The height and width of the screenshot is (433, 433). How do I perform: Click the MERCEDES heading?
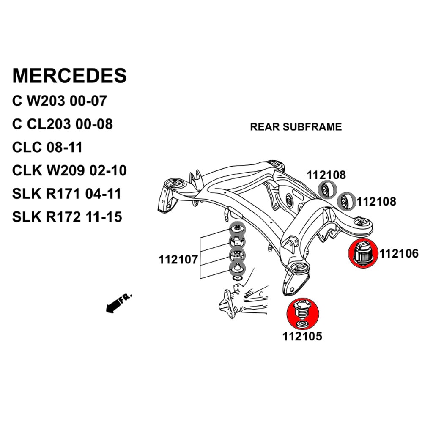click(x=69, y=75)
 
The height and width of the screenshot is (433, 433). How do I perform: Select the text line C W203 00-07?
click(x=60, y=101)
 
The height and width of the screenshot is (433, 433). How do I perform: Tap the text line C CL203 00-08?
click(x=63, y=124)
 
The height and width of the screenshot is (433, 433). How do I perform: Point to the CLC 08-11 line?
click(x=47, y=148)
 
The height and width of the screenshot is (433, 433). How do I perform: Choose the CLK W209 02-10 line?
click(x=69, y=171)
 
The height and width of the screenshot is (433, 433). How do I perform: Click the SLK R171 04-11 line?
click(x=67, y=194)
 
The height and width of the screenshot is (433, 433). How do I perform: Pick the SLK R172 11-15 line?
click(x=67, y=217)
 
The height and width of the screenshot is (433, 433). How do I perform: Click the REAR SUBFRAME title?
click(x=296, y=127)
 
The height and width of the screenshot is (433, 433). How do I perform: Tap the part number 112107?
click(x=178, y=259)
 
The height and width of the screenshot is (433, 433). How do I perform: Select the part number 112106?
click(x=399, y=254)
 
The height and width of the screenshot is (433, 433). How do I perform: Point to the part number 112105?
click(x=302, y=337)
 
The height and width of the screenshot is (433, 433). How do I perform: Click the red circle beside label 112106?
click(x=363, y=253)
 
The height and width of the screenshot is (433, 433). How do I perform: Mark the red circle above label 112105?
click(x=303, y=313)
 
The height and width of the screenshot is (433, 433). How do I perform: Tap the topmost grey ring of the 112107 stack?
click(x=237, y=229)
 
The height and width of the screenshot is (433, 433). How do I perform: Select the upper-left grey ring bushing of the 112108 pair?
click(x=326, y=189)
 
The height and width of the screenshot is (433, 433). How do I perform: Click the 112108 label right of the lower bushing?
click(x=376, y=202)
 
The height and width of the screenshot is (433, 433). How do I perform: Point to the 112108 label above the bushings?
click(x=326, y=175)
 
